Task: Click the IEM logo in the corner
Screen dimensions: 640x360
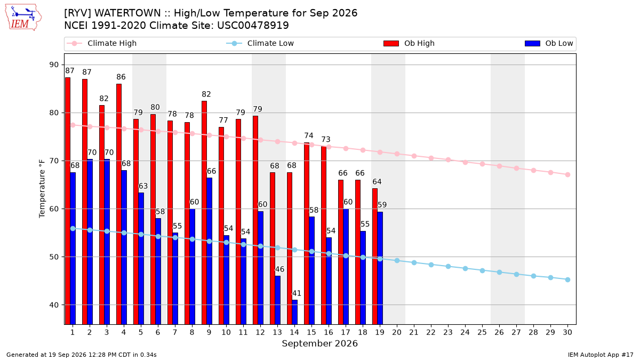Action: [x=23, y=18]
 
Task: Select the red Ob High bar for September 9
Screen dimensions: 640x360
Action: [x=204, y=213]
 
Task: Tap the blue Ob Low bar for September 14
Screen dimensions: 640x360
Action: [x=295, y=312]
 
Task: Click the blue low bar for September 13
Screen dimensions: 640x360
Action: [x=278, y=300]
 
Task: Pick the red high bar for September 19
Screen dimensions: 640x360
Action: [x=375, y=257]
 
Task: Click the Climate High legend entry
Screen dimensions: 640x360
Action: [x=101, y=43]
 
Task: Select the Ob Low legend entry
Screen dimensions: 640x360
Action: [x=549, y=43]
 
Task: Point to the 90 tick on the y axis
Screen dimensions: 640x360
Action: [x=54, y=65]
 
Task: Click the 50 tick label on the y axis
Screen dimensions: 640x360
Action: [x=54, y=257]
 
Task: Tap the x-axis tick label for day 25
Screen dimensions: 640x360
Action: [x=482, y=332]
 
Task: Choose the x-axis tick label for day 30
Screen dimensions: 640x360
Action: [x=567, y=332]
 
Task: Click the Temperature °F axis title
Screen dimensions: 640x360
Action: [x=42, y=189]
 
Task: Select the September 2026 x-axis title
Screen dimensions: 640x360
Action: [x=319, y=343]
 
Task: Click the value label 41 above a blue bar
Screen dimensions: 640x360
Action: [x=297, y=293]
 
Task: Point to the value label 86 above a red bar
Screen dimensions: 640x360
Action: [x=121, y=77]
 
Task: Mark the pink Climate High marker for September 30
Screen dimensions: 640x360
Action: [x=567, y=174]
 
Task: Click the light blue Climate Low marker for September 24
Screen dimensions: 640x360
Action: [x=465, y=269]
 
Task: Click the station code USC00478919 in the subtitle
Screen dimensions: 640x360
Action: [x=253, y=26]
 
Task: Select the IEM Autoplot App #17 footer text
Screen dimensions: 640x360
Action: [x=601, y=355]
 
